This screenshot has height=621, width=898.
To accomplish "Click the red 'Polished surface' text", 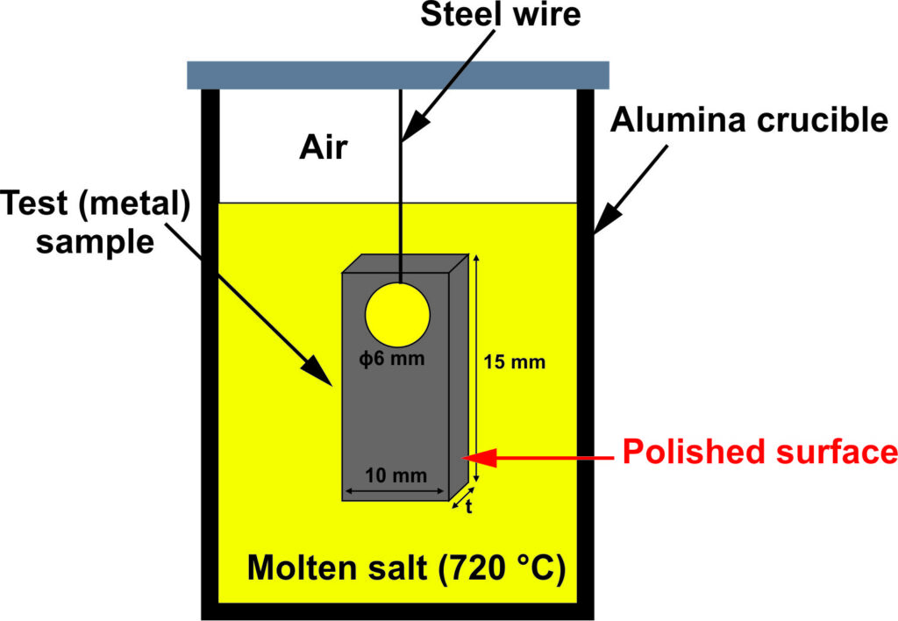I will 759,453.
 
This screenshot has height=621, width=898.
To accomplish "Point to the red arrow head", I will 481,456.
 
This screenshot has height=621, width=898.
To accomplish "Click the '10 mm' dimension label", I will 398,476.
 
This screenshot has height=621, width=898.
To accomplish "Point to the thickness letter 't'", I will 469,507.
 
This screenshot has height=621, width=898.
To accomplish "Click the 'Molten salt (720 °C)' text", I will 405,567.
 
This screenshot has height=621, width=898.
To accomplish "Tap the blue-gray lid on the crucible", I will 398,75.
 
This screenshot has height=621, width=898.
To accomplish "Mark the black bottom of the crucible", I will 398,610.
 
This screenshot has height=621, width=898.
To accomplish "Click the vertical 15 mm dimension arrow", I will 476,368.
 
